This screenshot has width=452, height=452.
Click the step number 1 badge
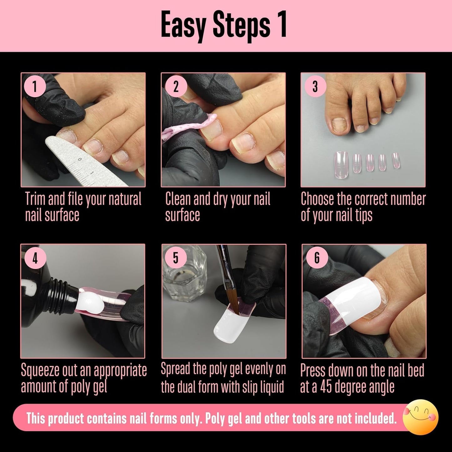click(x=34, y=86)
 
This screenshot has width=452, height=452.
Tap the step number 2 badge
click(x=176, y=86)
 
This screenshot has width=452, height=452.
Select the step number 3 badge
click(x=315, y=86)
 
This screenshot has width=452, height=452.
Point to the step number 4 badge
click(x=35, y=258)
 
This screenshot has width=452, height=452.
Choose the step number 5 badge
click(x=175, y=258)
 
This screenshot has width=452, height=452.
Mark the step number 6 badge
click(x=317, y=258)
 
